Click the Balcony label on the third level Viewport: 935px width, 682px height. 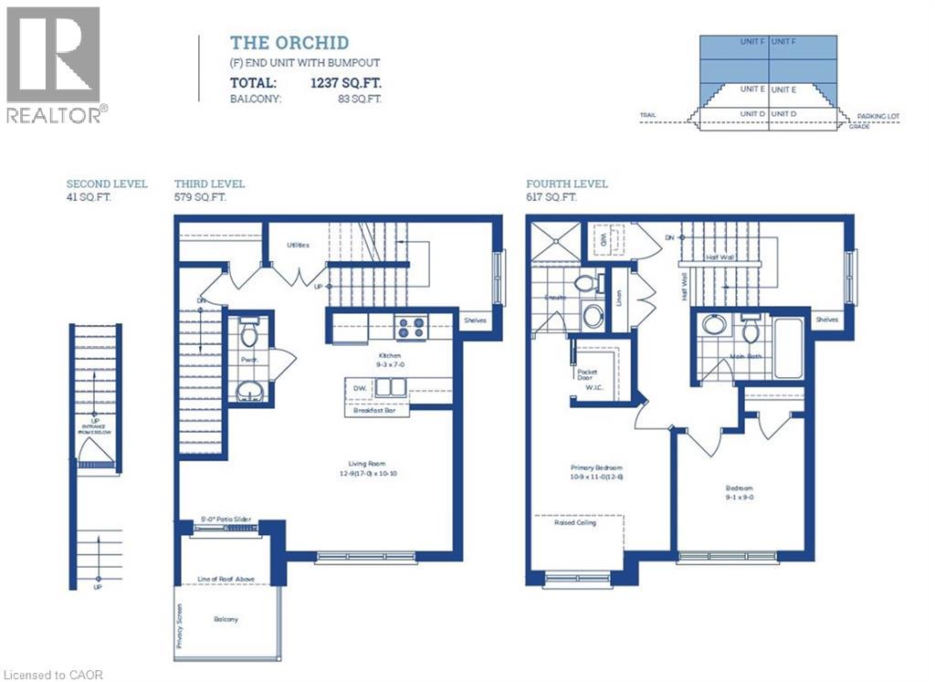[226, 619]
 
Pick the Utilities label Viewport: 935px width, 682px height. [297, 245]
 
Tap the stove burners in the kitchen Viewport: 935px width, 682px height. [410, 326]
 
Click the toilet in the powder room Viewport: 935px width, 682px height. [249, 334]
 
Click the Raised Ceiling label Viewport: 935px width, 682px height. [574, 523]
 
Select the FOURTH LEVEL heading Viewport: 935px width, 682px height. [566, 184]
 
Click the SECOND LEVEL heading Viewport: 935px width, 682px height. [107, 184]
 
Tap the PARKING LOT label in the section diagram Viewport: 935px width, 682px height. [878, 117]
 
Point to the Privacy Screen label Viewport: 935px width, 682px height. [180, 625]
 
